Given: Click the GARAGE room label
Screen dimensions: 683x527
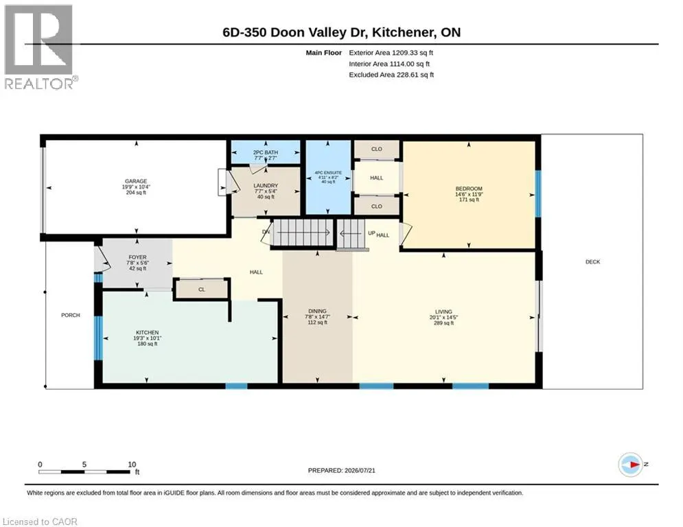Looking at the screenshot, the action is pyautogui.click(x=136, y=181).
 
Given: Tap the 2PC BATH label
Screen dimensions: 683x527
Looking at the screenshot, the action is pyautogui.click(x=265, y=152).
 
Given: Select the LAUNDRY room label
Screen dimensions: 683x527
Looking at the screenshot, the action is pyautogui.click(x=266, y=185).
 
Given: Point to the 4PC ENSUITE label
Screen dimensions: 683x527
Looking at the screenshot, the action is pyautogui.click(x=328, y=173).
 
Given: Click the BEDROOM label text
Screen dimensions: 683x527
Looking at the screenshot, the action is pyautogui.click(x=469, y=189).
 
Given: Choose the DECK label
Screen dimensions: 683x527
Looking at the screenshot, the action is pyautogui.click(x=593, y=261).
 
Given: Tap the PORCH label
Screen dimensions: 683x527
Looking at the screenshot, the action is pyautogui.click(x=71, y=315).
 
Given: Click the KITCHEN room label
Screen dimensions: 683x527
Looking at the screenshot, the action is pyautogui.click(x=147, y=332).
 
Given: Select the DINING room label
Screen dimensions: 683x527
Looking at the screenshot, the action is pyautogui.click(x=317, y=311).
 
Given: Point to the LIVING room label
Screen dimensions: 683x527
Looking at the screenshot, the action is pyautogui.click(x=443, y=312).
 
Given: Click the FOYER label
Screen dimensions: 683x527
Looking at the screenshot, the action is pyautogui.click(x=138, y=257).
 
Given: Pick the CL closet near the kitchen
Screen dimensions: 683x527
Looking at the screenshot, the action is pyautogui.click(x=201, y=289).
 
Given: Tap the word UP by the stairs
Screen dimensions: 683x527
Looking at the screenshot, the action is pyautogui.click(x=371, y=233).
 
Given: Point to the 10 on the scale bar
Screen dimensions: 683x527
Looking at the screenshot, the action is pyautogui.click(x=132, y=465).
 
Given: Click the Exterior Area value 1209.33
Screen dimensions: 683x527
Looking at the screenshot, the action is pyautogui.click(x=405, y=53).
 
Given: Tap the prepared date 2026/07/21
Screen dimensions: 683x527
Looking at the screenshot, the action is pyautogui.click(x=360, y=470).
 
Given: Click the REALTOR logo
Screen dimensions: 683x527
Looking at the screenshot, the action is pyautogui.click(x=40, y=47).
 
